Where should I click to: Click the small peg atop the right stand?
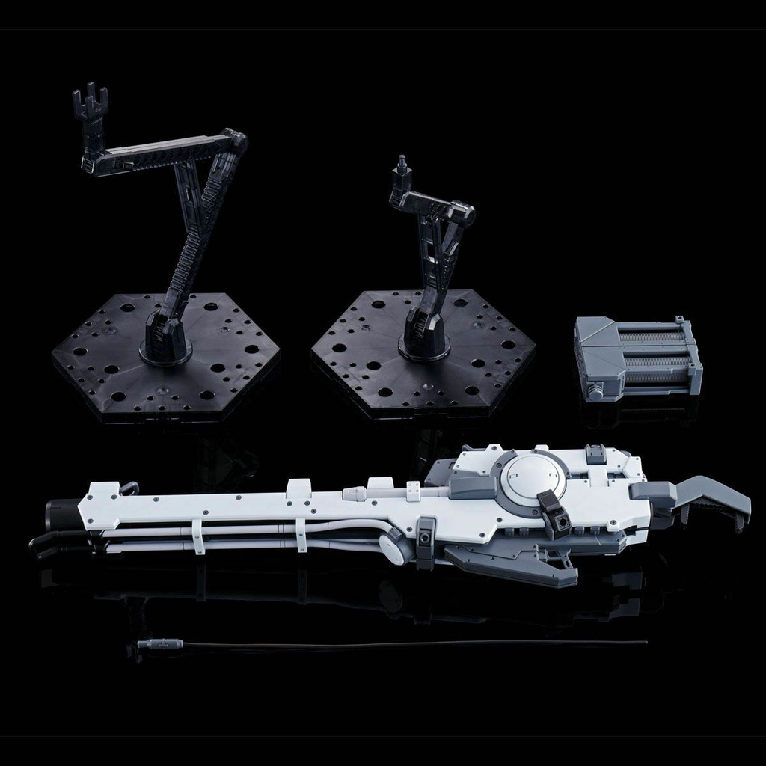(402, 165)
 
